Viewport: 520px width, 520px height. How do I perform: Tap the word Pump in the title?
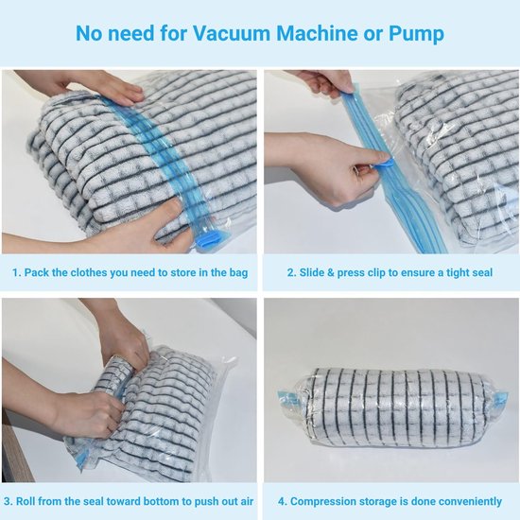(x=416, y=34)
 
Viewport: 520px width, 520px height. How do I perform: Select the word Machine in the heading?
(x=318, y=33)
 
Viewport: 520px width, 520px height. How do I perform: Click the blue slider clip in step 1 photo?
(x=208, y=240)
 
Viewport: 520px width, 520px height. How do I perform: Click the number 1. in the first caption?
(x=17, y=272)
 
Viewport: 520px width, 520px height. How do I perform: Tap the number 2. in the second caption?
(x=291, y=272)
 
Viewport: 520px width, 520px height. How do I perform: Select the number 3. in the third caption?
(x=9, y=501)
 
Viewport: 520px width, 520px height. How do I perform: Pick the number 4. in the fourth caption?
(x=283, y=501)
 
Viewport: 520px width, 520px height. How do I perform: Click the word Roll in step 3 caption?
(x=26, y=501)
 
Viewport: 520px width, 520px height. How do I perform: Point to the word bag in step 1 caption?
(x=239, y=273)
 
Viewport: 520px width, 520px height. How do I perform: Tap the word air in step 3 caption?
(x=247, y=501)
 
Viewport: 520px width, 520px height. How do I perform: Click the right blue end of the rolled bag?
(x=500, y=399)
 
